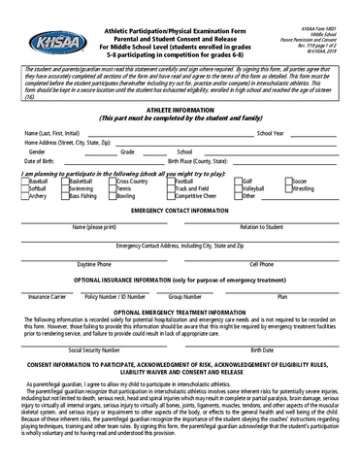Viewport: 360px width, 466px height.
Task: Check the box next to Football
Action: point(170,182)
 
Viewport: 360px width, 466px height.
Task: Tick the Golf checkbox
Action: point(236,182)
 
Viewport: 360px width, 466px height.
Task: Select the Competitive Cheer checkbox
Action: point(170,196)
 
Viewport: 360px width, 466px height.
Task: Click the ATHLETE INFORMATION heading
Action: point(180,112)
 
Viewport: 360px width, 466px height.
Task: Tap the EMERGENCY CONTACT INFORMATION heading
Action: point(180,211)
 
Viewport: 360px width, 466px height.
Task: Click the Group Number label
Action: point(185,297)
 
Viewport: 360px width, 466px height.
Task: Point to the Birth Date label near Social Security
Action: point(261,350)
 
